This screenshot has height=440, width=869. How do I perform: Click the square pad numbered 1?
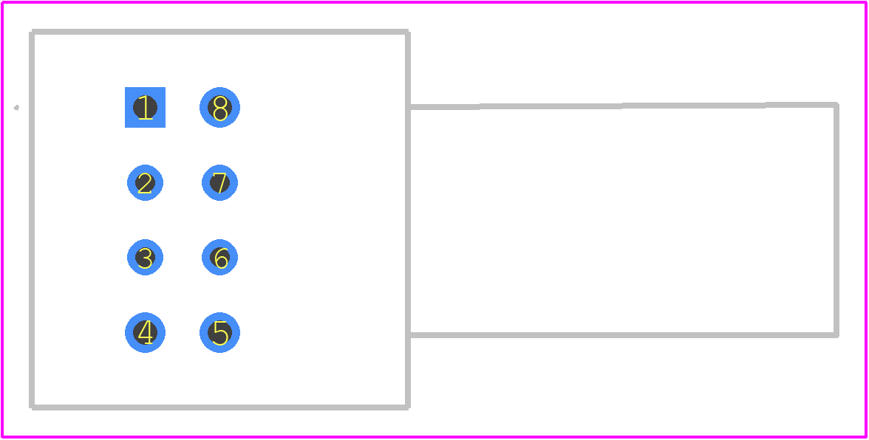tap(145, 107)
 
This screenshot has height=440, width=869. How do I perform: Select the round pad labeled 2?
tap(145, 182)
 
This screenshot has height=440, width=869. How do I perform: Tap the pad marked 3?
tap(145, 258)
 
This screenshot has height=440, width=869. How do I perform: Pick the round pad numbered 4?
tap(145, 333)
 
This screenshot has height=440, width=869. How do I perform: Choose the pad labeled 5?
tap(220, 333)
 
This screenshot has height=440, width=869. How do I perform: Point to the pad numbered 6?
tap(220, 258)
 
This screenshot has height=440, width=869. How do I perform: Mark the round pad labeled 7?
tap(220, 182)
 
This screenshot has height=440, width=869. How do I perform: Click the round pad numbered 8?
tap(220, 107)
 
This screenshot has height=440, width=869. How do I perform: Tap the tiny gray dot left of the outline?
tap(16, 107)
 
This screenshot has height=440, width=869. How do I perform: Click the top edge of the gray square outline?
tap(220, 32)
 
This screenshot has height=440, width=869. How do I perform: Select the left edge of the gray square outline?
tap(33, 220)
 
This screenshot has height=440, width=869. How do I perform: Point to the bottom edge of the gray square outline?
tap(220, 408)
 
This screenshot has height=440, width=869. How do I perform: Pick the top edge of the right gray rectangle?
tap(622, 106)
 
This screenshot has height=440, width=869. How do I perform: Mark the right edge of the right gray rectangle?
tap(836, 220)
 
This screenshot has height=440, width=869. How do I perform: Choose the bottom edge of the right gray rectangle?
tap(622, 335)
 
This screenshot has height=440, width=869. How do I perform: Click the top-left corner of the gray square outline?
tap(33, 32)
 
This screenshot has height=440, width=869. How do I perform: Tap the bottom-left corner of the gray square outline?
tap(33, 408)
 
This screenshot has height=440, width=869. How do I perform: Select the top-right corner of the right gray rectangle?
tap(836, 105)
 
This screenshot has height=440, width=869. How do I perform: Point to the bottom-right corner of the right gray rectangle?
tap(836, 335)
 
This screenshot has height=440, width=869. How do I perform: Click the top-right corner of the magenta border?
tap(866, 2)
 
